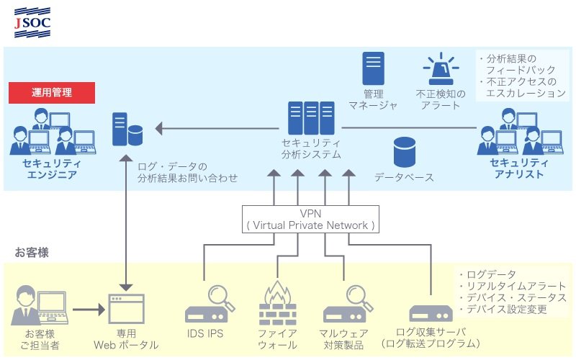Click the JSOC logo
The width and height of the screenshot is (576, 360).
[x=32, y=23]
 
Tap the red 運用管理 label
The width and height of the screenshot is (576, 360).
[x=52, y=93]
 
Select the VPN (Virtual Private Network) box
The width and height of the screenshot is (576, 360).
[x=310, y=220]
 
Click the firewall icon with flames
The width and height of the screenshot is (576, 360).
[x=278, y=303]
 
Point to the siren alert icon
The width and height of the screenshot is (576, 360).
[x=441, y=68]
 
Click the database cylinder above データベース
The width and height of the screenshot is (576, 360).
[x=405, y=152]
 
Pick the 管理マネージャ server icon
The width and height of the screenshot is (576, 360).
[x=373, y=68]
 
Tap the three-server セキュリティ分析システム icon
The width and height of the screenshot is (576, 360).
[x=311, y=118]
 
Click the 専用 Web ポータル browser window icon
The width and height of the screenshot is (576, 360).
[x=127, y=309]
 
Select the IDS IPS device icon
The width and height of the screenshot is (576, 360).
[x=210, y=304]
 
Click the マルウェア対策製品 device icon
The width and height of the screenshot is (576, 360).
[x=348, y=304]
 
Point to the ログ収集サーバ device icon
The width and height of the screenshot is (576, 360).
[x=431, y=313]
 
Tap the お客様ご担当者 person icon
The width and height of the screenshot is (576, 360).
[x=40, y=305]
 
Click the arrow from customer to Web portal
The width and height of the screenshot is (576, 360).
[x=89, y=310]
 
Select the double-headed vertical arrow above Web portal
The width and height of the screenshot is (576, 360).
[x=126, y=223]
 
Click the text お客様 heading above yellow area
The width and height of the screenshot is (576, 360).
[x=32, y=253]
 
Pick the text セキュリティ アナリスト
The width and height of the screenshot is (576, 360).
[x=518, y=168]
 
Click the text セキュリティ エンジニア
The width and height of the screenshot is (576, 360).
[x=52, y=168]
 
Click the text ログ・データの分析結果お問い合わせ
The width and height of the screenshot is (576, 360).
[x=188, y=172]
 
